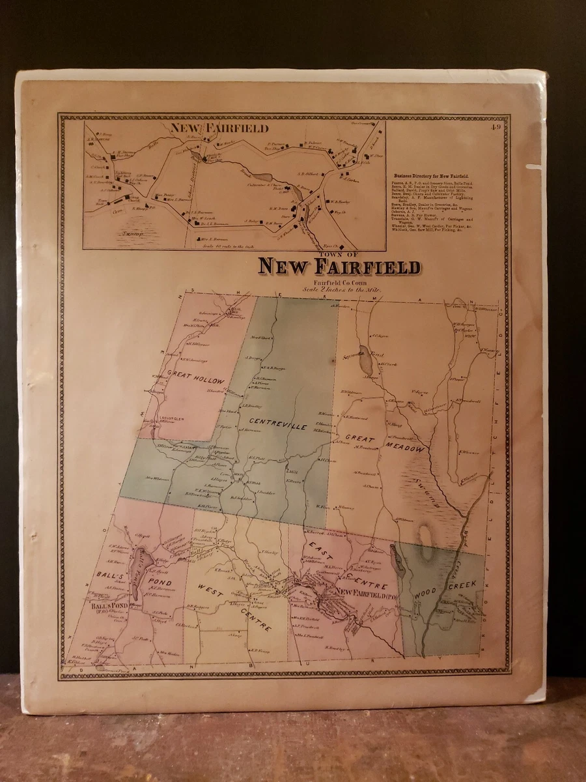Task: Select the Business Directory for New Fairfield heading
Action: pyautogui.click(x=435, y=177)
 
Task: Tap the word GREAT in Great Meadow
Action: pyautogui.click(x=359, y=439)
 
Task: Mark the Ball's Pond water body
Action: pyautogui.click(x=137, y=573)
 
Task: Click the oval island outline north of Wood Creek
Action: pyautogui.click(x=426, y=543)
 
